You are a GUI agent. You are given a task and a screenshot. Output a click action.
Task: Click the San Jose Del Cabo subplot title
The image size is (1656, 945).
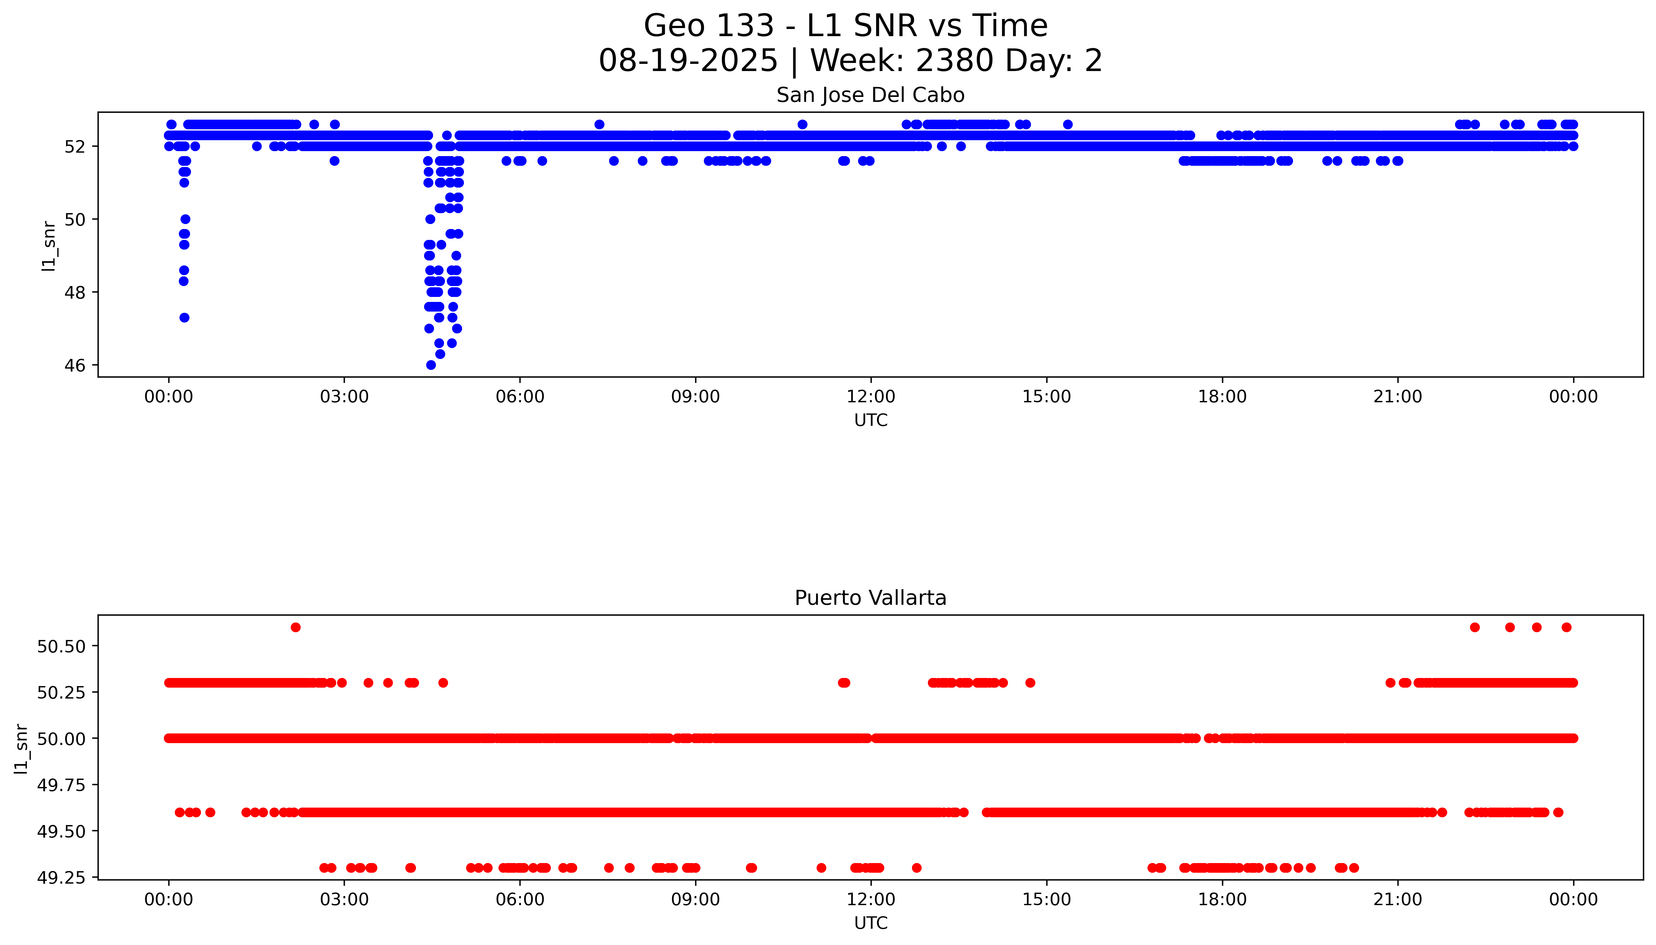click(x=870, y=95)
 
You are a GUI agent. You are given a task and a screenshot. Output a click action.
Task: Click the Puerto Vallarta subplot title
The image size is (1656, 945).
click(x=870, y=598)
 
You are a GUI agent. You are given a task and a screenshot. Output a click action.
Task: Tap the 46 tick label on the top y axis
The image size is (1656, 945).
click(x=75, y=365)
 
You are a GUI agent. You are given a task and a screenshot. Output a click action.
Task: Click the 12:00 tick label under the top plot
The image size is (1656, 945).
click(x=870, y=397)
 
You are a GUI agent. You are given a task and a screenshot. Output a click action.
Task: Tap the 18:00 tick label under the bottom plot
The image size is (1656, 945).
click(x=1222, y=900)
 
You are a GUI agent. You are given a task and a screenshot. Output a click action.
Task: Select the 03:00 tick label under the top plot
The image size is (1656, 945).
click(x=344, y=397)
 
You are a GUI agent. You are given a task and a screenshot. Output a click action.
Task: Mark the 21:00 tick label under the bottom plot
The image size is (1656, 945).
click(x=1397, y=900)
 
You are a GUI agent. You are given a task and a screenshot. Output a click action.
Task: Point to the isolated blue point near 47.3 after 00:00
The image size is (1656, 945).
click(x=184, y=317)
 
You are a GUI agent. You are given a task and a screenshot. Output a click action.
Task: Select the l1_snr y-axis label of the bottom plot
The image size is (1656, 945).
click(x=21, y=748)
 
